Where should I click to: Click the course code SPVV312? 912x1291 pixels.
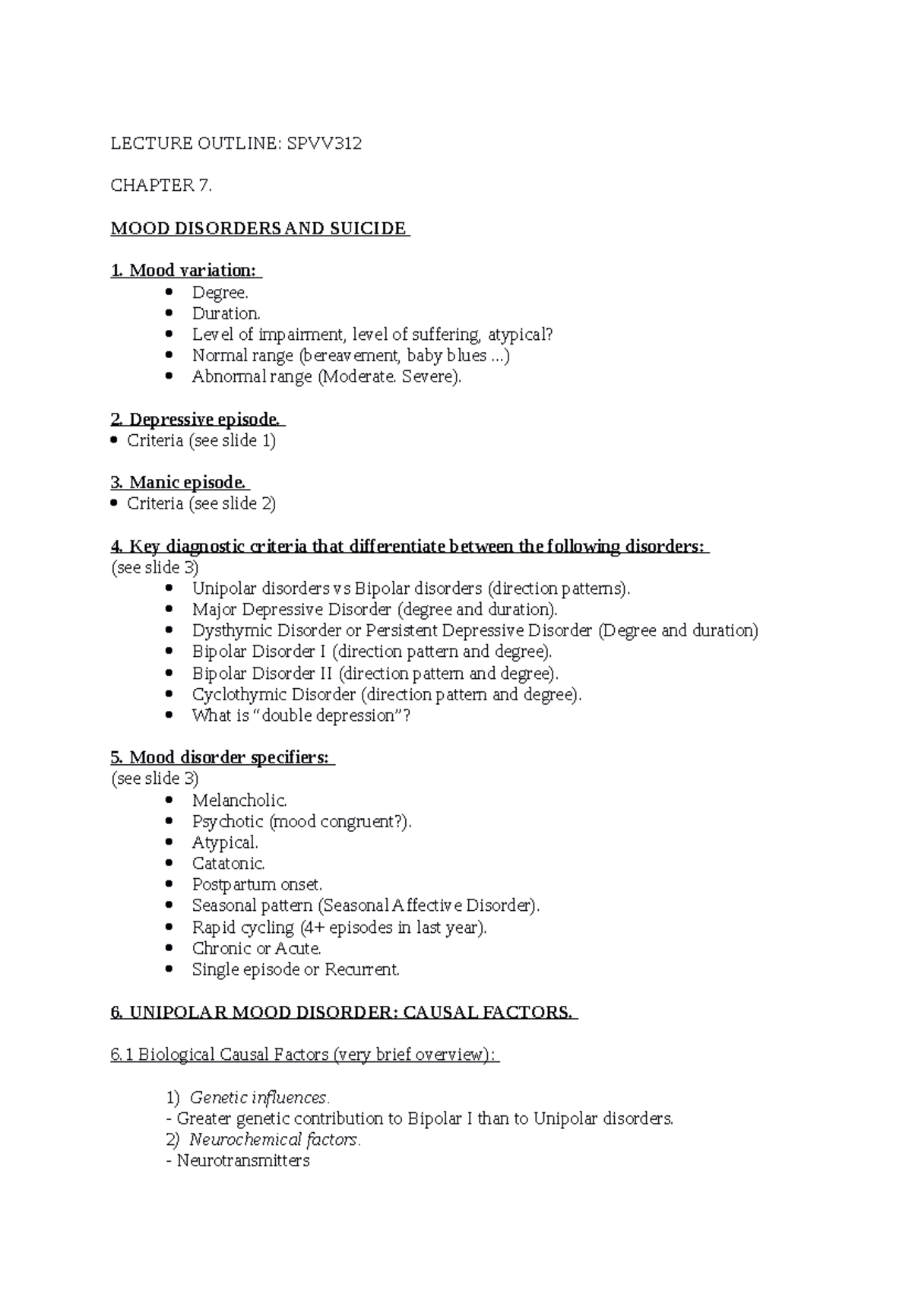[323, 143]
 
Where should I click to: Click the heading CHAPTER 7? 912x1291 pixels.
[161, 186]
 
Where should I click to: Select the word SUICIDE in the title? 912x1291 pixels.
[368, 229]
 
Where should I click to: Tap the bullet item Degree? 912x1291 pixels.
[220, 293]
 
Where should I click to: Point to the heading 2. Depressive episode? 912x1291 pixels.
[197, 420]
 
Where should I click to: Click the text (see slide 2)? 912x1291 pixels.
[232, 503]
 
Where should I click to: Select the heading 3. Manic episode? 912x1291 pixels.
[179, 483]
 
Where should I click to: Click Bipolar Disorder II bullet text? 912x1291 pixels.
[261, 674]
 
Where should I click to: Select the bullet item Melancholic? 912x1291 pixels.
[239, 801]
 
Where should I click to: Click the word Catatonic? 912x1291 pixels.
[228, 864]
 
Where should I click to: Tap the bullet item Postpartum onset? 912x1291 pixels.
[257, 885]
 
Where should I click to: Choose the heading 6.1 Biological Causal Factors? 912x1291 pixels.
[304, 1055]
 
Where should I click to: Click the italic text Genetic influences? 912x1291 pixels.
[259, 1098]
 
